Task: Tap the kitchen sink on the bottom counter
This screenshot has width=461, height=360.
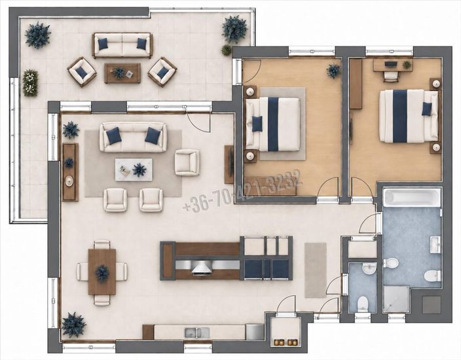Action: (x=197, y=333)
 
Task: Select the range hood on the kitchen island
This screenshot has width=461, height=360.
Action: (x=202, y=268)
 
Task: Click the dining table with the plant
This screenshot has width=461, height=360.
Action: (x=102, y=272)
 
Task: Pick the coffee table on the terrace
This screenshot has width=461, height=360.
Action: (x=122, y=73)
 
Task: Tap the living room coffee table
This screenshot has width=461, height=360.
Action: (x=134, y=170)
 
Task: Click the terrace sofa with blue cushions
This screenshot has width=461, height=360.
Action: (x=122, y=45)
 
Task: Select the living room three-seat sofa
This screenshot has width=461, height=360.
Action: (x=133, y=137)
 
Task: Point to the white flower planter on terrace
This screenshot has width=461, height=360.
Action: (x=30, y=82)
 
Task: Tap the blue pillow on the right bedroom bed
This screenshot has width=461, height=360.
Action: (x=427, y=109)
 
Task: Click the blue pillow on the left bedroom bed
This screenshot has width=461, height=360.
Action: (x=257, y=124)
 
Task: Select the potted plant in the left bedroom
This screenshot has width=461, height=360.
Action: (x=333, y=71)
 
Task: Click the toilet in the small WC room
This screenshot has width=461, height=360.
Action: (x=363, y=304)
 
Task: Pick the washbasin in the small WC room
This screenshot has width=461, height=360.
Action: (x=368, y=268)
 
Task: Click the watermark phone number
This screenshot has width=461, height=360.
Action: (x=242, y=190)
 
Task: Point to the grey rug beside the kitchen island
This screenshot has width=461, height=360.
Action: (x=316, y=270)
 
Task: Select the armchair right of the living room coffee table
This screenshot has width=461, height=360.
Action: (x=187, y=162)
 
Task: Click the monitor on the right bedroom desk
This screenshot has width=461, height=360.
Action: (x=390, y=63)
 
